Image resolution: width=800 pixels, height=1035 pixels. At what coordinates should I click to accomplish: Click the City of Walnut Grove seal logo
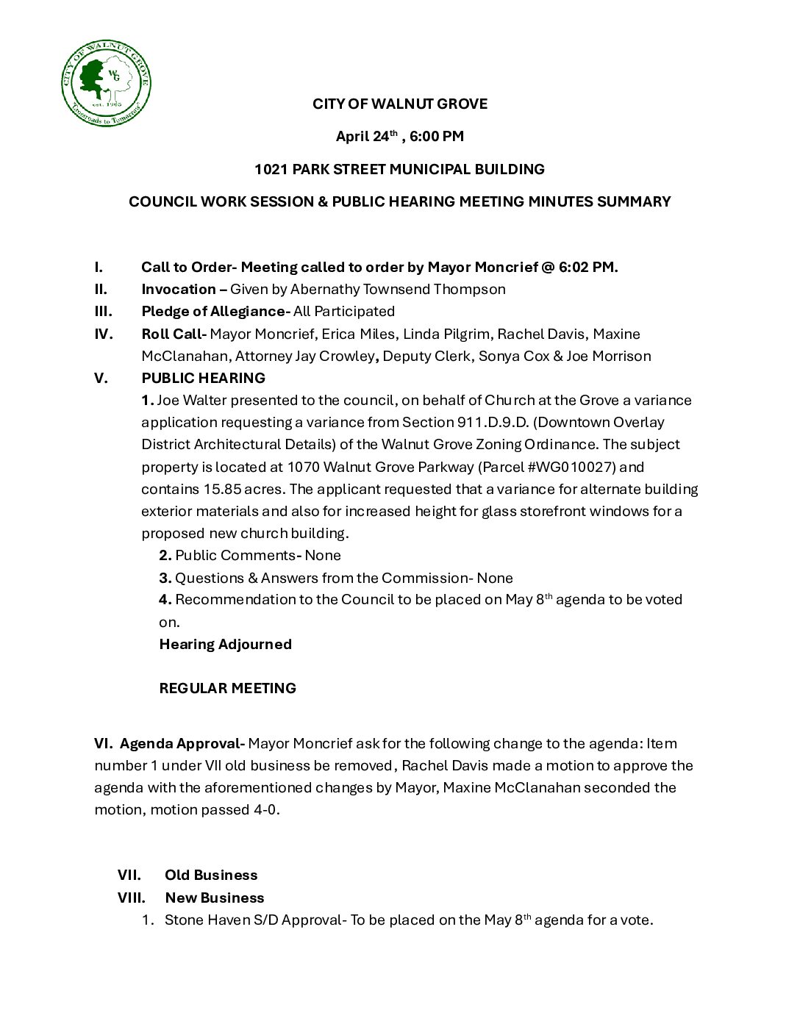tap(106, 82)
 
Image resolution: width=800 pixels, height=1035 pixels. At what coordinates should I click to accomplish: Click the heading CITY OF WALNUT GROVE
tap(399, 104)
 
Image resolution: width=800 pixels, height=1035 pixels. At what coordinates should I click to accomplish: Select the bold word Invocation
tap(179, 289)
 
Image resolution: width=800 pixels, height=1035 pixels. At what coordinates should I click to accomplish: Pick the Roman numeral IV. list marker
tap(104, 334)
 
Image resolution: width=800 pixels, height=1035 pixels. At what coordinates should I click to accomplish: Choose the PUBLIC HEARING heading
tap(203, 378)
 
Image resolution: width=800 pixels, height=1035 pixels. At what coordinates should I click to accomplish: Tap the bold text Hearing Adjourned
tap(225, 644)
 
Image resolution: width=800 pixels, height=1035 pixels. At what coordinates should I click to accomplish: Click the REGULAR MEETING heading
tap(227, 688)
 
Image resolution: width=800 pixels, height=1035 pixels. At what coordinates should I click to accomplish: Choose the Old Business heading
tap(211, 875)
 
